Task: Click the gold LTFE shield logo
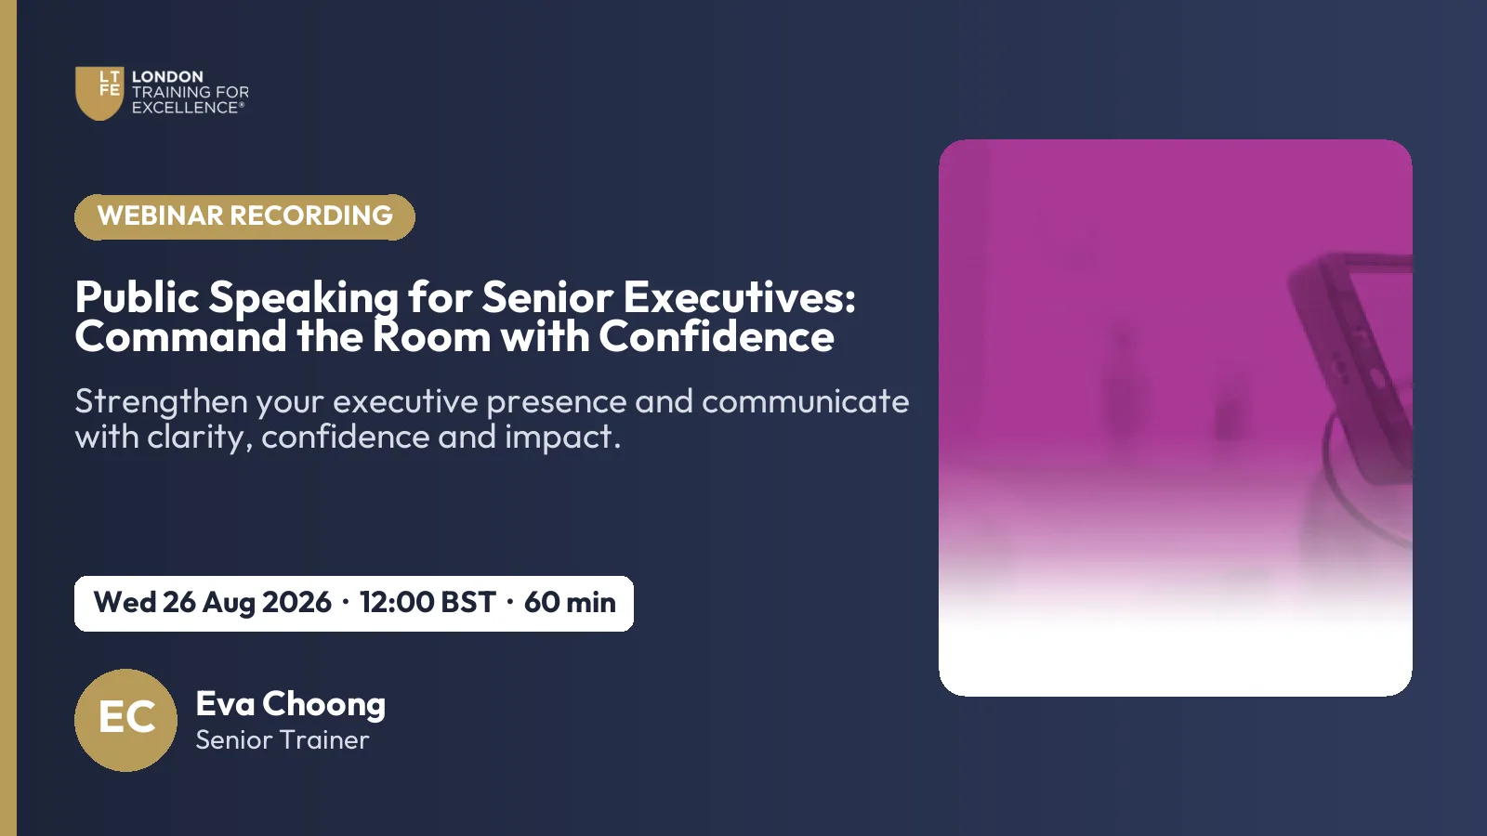99,93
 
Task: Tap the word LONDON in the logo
167,76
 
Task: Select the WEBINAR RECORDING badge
244,216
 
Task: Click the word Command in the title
181,335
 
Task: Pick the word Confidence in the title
717,335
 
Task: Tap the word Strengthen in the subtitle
162,401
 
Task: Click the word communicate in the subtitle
805,401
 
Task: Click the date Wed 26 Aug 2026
213,603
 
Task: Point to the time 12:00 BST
428,603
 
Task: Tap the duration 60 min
570,603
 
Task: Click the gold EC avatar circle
125,720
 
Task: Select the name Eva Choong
290,704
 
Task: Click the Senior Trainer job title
283,739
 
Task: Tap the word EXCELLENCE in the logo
185,108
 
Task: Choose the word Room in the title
431,335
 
